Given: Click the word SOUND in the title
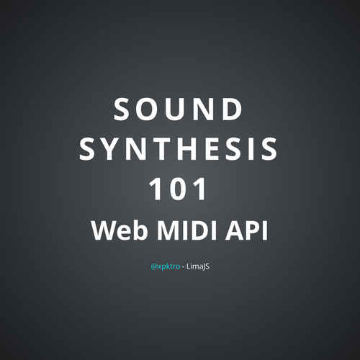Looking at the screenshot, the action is tap(178, 109).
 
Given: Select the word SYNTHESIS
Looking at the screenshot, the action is tap(179, 148).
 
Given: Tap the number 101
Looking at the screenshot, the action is tap(178, 189).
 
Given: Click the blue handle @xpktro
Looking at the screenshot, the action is tap(166, 266).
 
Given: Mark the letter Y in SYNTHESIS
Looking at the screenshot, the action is tap(109, 149).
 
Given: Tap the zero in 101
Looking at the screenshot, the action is tap(178, 189).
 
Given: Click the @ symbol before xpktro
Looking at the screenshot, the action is tap(154, 267).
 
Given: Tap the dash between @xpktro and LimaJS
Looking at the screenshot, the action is tap(184, 267).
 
